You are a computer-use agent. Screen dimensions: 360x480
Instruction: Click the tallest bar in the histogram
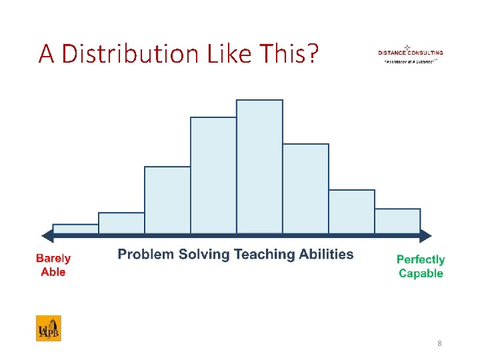tap(259, 167)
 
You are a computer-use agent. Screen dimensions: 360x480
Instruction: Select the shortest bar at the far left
tap(75, 229)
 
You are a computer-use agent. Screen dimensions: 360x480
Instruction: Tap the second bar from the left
tap(121, 223)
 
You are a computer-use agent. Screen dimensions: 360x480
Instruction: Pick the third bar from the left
tap(167, 200)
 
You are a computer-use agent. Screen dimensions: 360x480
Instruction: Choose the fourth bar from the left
tap(213, 175)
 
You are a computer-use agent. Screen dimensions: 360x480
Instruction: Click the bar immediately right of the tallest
tap(305, 189)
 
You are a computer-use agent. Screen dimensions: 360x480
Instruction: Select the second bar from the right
tap(351, 211)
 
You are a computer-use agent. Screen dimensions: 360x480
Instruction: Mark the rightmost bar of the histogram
tap(397, 221)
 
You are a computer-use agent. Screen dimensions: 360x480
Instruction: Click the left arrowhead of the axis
tap(47, 235)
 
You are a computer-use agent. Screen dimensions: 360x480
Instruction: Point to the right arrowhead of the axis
tap(426, 235)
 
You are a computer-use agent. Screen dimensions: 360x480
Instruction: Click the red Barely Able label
tap(53, 265)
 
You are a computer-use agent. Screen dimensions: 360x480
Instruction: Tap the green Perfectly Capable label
tap(421, 266)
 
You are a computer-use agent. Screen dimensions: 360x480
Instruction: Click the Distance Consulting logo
tap(410, 53)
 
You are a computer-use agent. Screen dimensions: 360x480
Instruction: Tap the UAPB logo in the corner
tap(48, 328)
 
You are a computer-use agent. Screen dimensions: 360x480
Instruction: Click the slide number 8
tap(439, 343)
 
